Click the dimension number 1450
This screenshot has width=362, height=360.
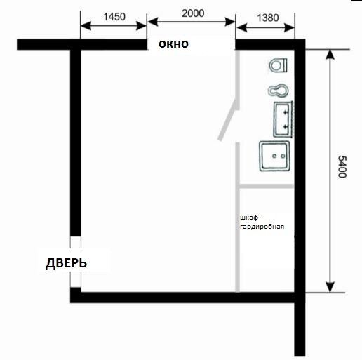tap(114, 17)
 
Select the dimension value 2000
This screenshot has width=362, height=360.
tap(193, 13)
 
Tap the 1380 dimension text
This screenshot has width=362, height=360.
tap(268, 18)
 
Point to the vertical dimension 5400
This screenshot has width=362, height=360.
tap(342, 166)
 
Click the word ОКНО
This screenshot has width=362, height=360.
tap(173, 44)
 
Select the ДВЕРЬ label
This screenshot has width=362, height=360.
tap(66, 263)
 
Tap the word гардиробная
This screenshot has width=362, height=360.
tap(262, 227)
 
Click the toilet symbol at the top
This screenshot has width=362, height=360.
tap(278, 65)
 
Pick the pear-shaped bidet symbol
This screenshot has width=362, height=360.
tap(278, 91)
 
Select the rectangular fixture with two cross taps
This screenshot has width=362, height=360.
tap(283, 119)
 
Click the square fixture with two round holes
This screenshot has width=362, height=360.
tap(274, 156)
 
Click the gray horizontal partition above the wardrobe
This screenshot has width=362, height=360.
tap(267, 186)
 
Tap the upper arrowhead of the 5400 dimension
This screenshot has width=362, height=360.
tap(330, 54)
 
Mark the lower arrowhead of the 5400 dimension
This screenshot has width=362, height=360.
tap(330, 287)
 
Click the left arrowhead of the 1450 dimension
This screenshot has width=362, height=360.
tap(86, 26)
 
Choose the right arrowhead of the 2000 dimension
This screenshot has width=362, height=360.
tap(229, 22)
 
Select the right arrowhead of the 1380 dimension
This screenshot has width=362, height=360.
tap(289, 28)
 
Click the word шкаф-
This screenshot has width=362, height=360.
tap(250, 218)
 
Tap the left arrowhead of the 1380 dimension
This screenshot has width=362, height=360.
tap(241, 27)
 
